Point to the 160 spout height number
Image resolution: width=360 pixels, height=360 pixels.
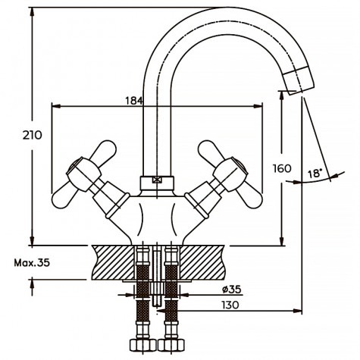click(x=281, y=168)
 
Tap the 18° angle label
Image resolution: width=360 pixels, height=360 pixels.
click(x=316, y=174)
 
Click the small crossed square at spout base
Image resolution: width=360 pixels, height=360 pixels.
click(x=157, y=180)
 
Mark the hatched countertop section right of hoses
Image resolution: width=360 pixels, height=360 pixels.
click(x=205, y=261)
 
